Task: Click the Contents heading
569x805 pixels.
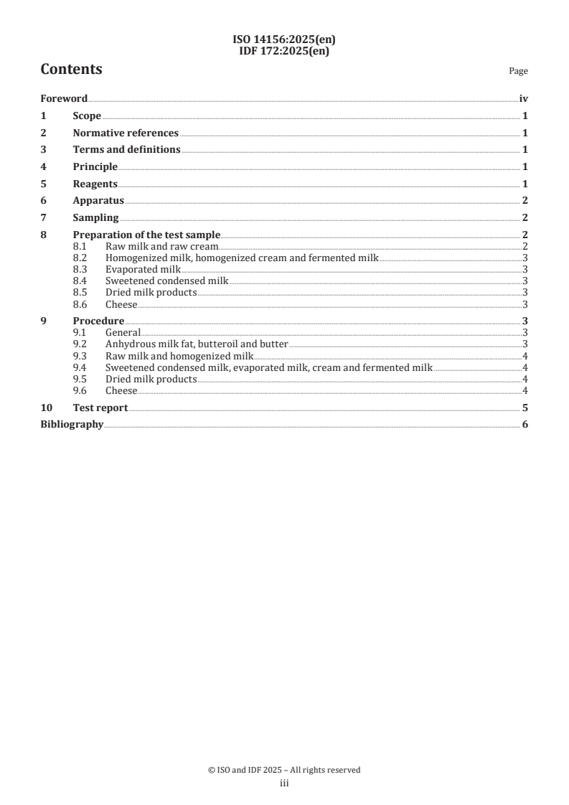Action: coord(71,70)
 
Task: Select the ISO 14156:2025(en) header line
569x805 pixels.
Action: coord(284,41)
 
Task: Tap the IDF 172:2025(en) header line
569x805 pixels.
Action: coord(284,50)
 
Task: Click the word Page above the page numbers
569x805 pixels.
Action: coord(518,71)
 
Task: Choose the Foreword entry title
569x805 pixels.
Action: coord(64,99)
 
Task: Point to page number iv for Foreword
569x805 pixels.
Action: coord(523,99)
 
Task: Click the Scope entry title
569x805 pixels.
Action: coord(87,116)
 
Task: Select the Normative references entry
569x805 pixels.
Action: coord(126,133)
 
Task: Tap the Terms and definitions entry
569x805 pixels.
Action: coord(126,150)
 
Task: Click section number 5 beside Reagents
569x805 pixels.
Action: coord(43,184)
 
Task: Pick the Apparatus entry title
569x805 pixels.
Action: coord(98,201)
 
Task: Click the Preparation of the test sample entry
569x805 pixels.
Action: coord(146,235)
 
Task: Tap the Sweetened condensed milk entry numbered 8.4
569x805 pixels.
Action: coord(166,281)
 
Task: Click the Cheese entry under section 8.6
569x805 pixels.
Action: coord(121,303)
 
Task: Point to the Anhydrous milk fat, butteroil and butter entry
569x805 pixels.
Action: coord(197,344)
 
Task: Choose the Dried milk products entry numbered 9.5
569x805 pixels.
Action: coord(151,379)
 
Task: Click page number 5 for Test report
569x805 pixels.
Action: coord(525,408)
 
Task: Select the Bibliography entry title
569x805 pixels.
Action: coord(72,425)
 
